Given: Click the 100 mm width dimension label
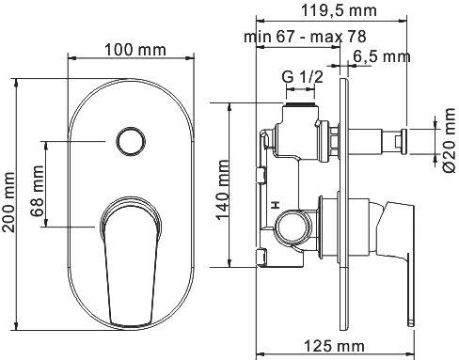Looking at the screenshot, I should [130, 47].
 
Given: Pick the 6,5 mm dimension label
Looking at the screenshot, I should [383, 56].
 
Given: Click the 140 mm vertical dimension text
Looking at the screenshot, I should [223, 184].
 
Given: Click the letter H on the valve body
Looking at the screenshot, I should [275, 204].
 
